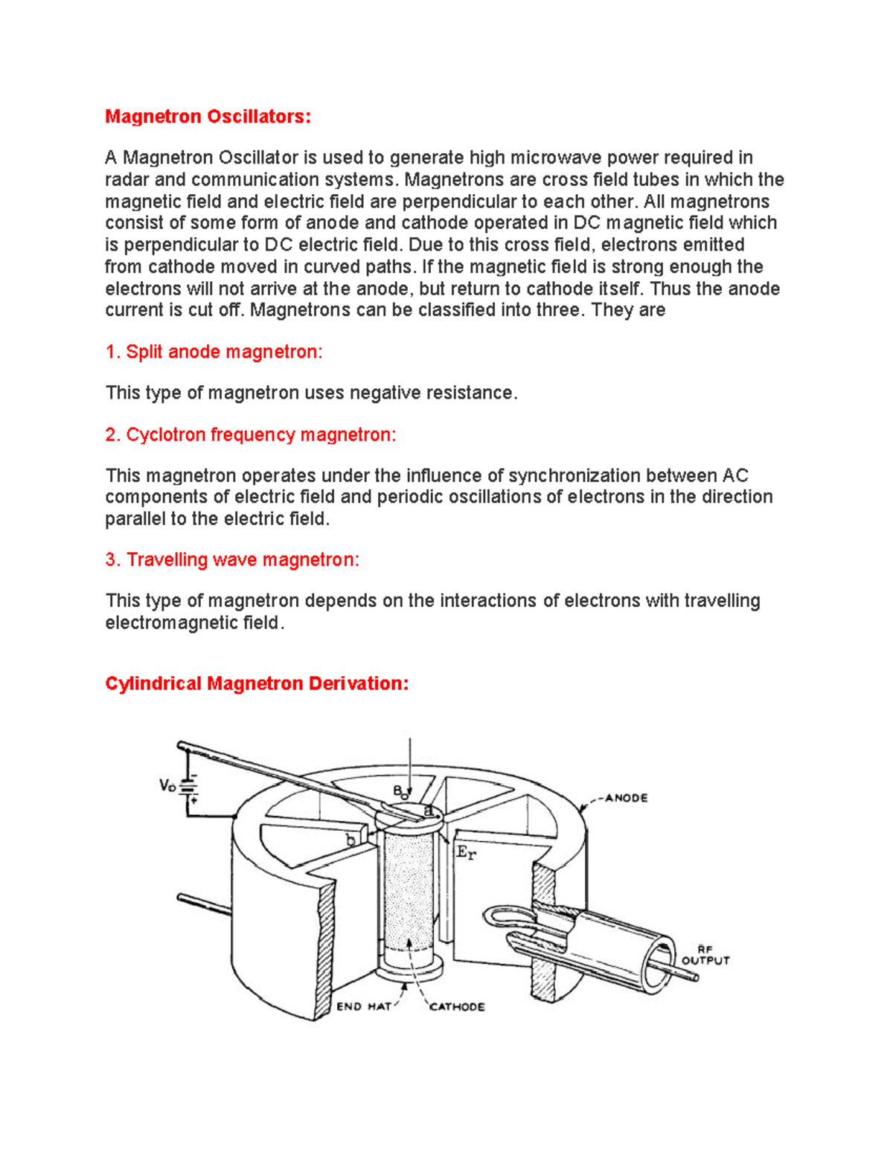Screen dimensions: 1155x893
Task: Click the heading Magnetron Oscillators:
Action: click(208, 117)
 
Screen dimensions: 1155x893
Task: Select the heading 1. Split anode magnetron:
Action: click(214, 352)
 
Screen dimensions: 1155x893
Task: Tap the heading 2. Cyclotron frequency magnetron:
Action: click(251, 434)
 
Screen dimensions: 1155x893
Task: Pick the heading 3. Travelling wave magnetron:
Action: click(232, 559)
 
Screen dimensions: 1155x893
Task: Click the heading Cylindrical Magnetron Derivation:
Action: click(257, 683)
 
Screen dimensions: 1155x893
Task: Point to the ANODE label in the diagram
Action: click(626, 798)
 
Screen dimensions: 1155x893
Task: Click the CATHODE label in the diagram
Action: click(457, 1006)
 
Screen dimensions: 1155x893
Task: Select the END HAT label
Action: click(363, 1006)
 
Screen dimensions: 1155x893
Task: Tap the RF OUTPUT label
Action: click(705, 955)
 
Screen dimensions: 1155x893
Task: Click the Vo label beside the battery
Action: click(167, 785)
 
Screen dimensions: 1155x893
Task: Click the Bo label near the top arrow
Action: click(400, 791)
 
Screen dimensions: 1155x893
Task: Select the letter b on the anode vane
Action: click(351, 840)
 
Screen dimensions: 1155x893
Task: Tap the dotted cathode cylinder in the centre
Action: click(408, 892)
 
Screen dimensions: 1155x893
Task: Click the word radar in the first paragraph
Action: click(127, 180)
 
